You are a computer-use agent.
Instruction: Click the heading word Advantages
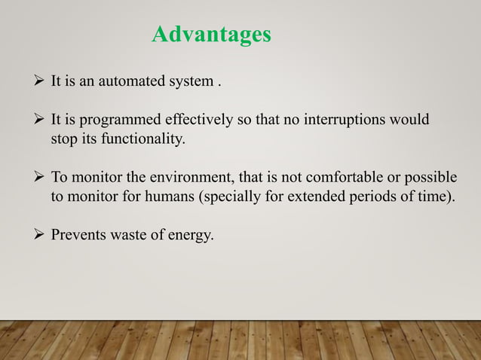click(x=211, y=35)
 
